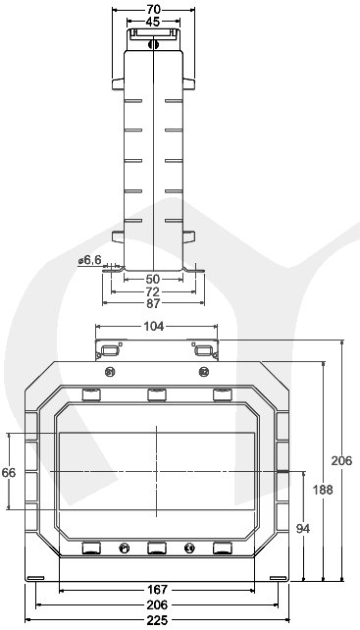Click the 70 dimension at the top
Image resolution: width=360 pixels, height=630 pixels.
153,10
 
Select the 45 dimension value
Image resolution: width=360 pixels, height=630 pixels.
153,22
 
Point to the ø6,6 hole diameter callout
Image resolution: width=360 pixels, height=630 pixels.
89,260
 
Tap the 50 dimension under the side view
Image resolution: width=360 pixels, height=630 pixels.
153,279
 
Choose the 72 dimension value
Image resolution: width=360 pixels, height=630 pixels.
153,291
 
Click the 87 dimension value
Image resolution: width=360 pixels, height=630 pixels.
153,304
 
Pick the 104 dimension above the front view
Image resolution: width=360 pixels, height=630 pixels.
154,326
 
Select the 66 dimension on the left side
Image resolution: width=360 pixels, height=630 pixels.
9,473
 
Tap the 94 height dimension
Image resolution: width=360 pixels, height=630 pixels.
303,529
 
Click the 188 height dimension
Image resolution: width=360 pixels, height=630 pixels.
324,490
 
